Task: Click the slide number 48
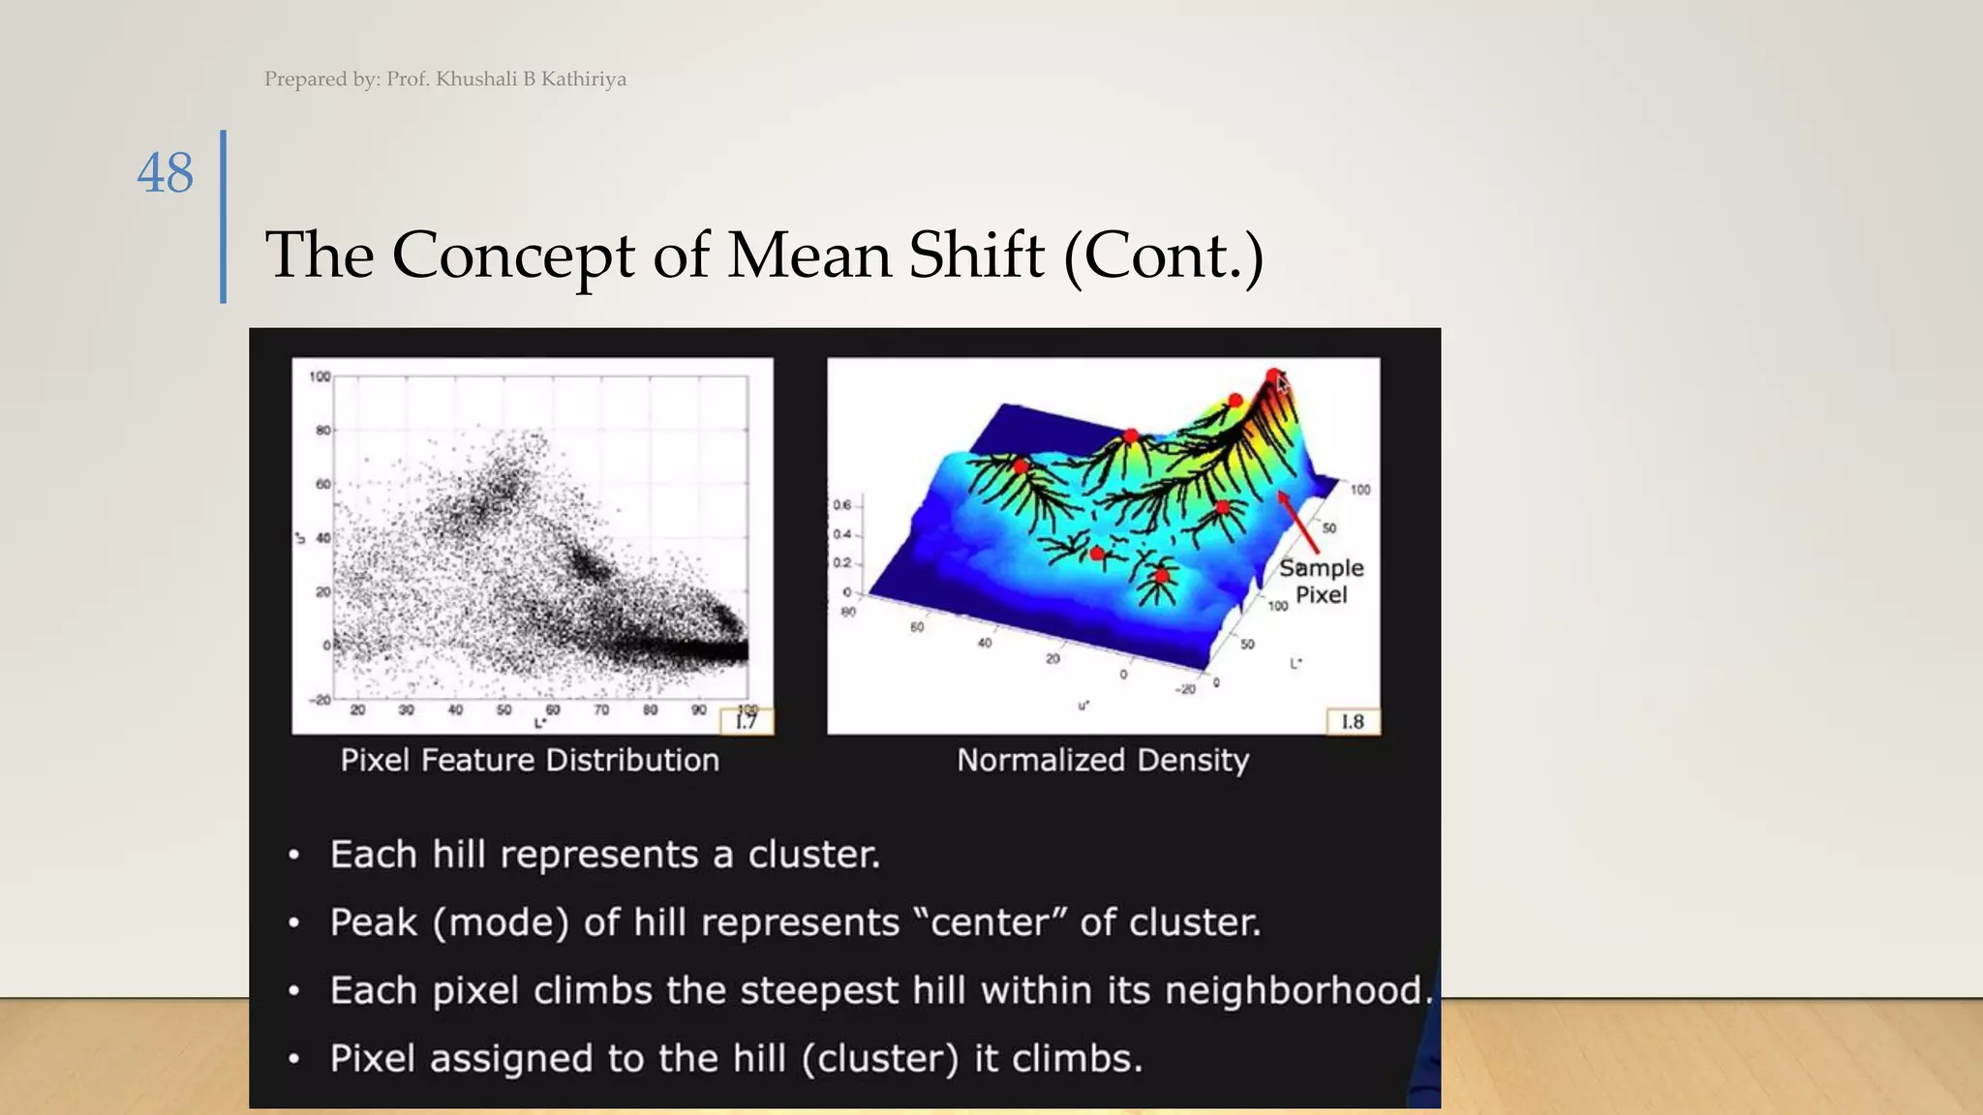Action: coord(165,174)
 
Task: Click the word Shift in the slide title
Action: coord(976,256)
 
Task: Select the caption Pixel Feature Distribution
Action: coord(530,761)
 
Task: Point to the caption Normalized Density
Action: coord(1103,761)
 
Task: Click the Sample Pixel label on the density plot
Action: coord(1321,581)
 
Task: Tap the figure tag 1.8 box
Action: coord(1352,722)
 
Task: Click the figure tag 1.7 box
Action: coord(746,722)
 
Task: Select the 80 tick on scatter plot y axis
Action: coord(322,430)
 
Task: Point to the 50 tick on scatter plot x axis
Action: coord(503,710)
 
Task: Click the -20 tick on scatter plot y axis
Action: coord(320,699)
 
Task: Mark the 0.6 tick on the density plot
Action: coord(841,505)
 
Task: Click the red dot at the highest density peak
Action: coord(1273,375)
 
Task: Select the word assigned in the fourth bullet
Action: coord(510,1059)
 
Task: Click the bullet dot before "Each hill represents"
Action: coord(293,856)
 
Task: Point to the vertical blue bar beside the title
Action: coord(224,217)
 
